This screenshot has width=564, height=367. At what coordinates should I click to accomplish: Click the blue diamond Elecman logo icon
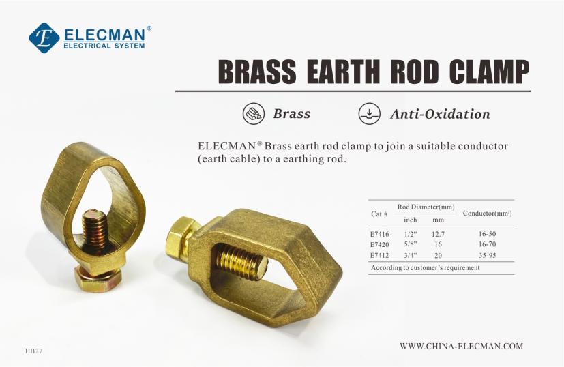(44, 38)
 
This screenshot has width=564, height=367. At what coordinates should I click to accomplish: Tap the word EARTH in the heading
(344, 71)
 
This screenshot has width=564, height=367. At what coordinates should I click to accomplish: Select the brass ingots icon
(253, 114)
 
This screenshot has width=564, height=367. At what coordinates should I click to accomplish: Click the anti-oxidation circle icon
(370, 114)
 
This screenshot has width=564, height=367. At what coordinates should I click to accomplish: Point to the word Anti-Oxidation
(440, 114)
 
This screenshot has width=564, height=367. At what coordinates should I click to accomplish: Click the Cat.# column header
(379, 214)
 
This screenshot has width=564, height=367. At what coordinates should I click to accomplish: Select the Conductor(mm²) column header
(488, 213)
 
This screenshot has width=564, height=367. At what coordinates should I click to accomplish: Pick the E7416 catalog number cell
(379, 234)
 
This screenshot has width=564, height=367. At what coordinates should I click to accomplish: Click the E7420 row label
(379, 245)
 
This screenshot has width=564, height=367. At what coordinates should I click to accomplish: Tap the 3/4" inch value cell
(411, 255)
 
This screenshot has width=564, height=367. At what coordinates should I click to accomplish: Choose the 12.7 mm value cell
(438, 234)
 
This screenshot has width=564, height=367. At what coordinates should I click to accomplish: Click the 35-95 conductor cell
(488, 255)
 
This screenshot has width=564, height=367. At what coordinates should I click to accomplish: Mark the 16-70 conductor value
(488, 244)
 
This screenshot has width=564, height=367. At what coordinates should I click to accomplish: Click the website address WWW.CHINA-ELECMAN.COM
(462, 346)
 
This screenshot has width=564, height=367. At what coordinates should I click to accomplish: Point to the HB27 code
(34, 351)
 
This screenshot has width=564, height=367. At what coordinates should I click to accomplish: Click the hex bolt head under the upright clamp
(98, 279)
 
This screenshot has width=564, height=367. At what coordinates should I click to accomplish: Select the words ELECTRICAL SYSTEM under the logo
(104, 46)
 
